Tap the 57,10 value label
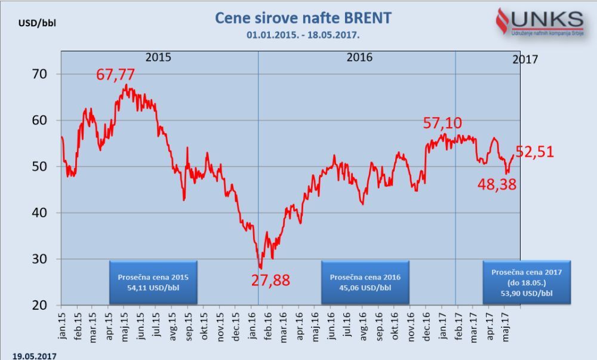tap(442, 123)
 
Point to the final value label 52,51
tap(535, 152)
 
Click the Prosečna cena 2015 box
tap(153, 282)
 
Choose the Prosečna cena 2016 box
tap(365, 282)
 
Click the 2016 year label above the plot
tap(359, 57)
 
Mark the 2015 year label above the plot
tap(158, 57)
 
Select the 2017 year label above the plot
tap(525, 59)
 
